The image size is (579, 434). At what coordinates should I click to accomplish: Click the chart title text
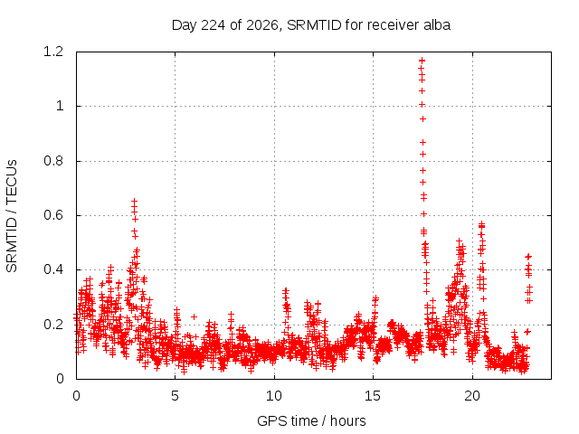(x=311, y=25)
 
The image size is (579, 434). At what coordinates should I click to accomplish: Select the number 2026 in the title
(x=261, y=25)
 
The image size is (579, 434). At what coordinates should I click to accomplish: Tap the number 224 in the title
(x=214, y=25)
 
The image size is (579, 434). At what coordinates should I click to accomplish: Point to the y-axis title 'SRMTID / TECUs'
(x=12, y=216)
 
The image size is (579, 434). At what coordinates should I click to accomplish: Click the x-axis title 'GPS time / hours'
(x=311, y=420)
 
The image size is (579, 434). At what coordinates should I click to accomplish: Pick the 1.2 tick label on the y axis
(x=53, y=52)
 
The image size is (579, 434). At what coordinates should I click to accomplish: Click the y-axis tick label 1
(x=60, y=107)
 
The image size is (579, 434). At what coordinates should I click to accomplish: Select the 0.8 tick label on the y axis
(x=53, y=161)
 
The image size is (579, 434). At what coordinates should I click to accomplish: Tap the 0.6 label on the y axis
(x=53, y=215)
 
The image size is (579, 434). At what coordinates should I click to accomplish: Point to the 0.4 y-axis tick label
(x=53, y=269)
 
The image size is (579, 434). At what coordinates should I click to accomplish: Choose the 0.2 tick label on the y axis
(x=53, y=325)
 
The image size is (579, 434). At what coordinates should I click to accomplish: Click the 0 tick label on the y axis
(x=60, y=379)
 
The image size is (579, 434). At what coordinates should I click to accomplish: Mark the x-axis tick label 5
(x=175, y=396)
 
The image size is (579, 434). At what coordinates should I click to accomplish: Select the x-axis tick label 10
(x=274, y=396)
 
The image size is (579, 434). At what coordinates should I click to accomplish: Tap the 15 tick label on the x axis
(x=373, y=396)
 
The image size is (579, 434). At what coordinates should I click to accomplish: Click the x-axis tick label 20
(x=472, y=396)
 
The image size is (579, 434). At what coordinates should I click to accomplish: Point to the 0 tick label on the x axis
(x=76, y=396)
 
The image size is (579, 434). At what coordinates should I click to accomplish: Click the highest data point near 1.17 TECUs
(x=422, y=61)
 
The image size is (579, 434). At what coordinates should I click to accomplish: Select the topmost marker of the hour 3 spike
(x=135, y=201)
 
